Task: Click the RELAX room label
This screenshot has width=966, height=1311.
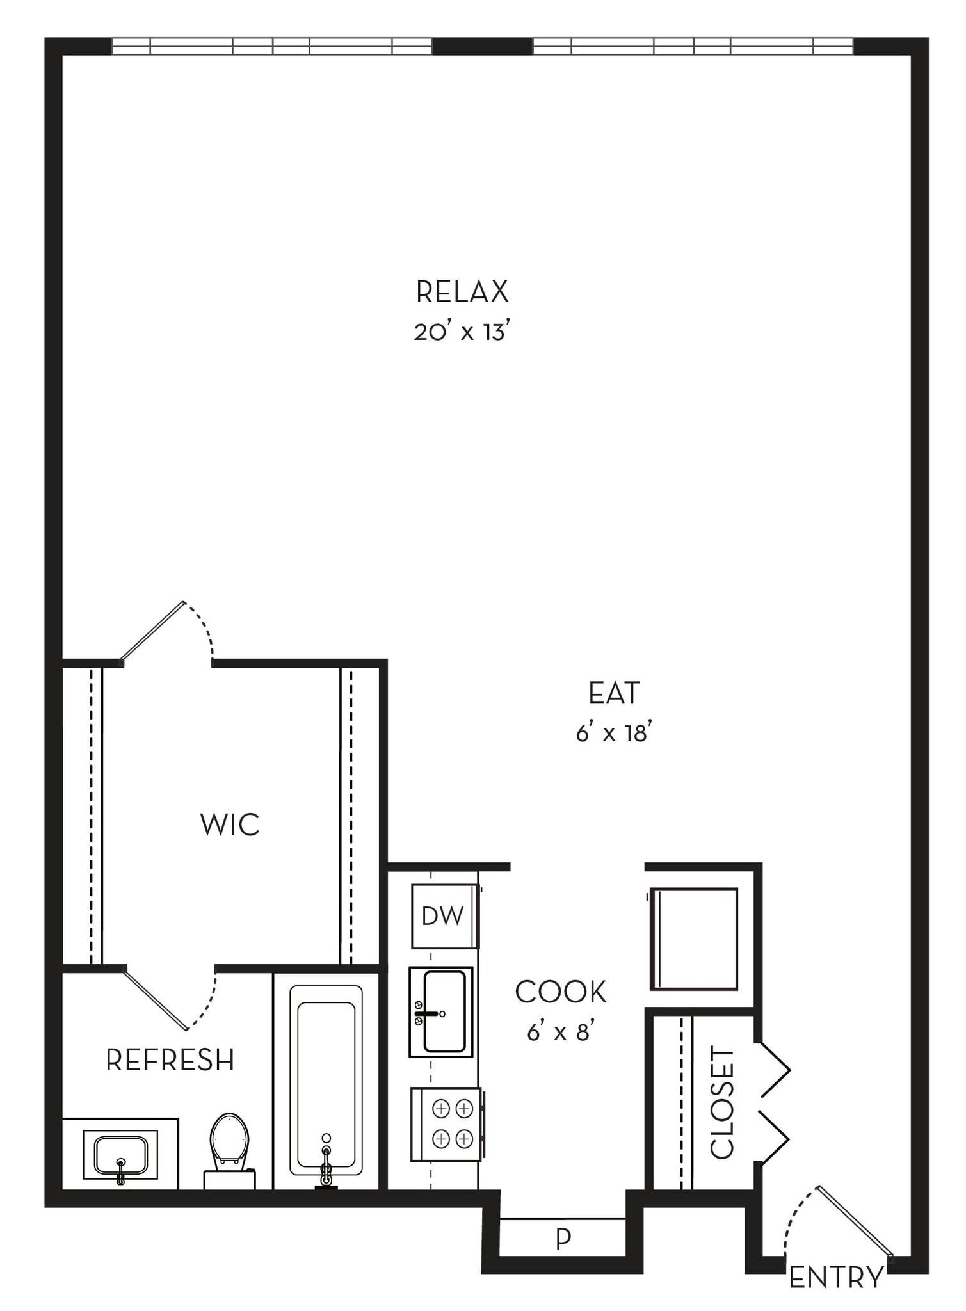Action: coord(462,292)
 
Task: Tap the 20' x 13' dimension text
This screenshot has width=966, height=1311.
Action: coord(462,332)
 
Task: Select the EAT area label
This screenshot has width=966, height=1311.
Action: coord(614,693)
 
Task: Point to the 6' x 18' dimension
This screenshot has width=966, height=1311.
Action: coord(614,732)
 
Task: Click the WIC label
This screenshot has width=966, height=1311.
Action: coord(230,824)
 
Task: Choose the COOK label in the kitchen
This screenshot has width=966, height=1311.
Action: coord(560,992)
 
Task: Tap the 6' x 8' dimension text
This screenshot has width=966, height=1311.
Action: coord(560,1033)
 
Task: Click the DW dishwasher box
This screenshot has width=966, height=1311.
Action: coord(444,916)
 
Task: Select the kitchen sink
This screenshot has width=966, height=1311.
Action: coord(442,1012)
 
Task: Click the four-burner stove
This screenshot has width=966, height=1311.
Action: coord(446,1124)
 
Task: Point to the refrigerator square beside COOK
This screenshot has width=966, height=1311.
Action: coord(694,938)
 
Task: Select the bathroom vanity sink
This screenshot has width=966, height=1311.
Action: coord(120,1154)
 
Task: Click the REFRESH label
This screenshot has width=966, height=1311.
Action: coord(170,1060)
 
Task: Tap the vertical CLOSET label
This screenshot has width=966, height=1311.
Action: coord(722,1102)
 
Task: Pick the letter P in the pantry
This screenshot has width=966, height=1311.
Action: coord(563,1238)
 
